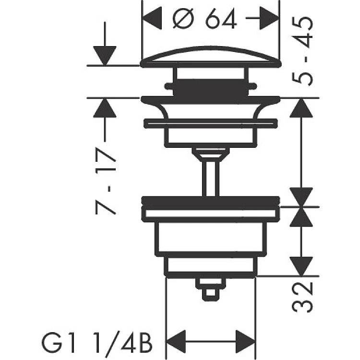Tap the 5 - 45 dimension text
302,51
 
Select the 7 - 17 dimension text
106,181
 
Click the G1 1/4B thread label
97,344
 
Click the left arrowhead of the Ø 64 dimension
152,18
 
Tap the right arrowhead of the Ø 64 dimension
270,18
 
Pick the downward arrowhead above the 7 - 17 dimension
105,56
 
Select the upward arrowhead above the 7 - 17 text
105,108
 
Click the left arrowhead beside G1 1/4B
176,341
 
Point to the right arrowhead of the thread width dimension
246,341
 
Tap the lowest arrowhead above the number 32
301,266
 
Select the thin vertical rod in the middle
211,179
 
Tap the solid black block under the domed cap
211,87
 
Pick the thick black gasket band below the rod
211,201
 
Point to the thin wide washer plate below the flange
211,123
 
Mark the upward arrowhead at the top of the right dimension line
301,108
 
